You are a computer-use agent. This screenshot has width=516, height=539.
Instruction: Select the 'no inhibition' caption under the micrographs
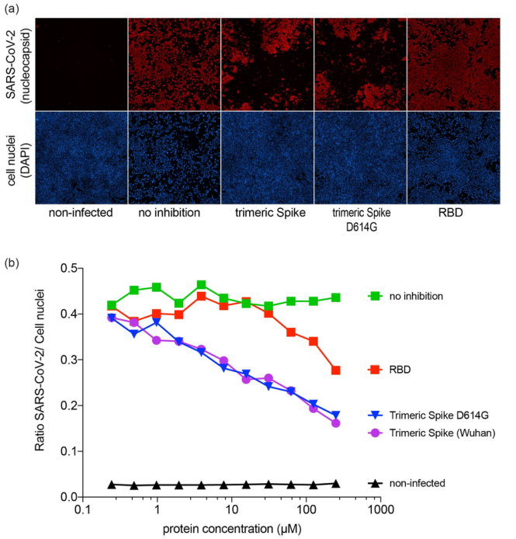[174, 211]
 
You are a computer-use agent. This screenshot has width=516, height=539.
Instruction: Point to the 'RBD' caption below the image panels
[454, 211]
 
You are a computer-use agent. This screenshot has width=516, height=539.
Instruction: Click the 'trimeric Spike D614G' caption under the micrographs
[361, 214]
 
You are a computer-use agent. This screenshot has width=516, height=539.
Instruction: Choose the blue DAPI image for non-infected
[81, 158]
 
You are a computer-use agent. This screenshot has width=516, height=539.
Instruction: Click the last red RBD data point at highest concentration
[336, 370]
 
